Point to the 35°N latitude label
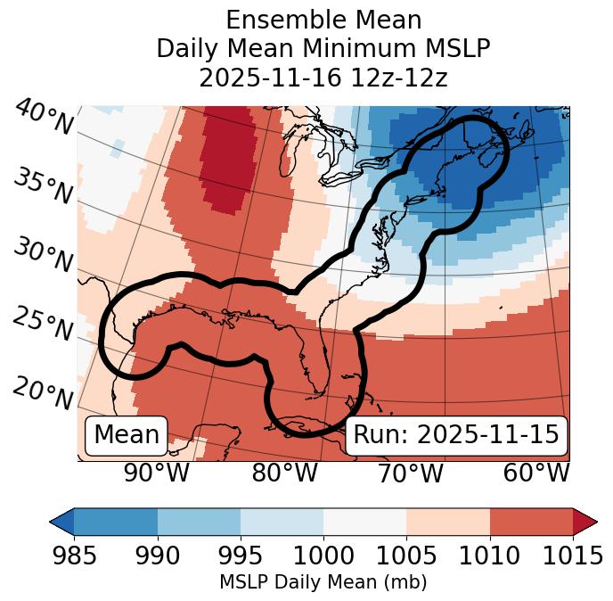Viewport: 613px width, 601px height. pyautogui.click(x=42, y=186)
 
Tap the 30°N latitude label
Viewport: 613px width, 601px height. pyautogui.click(x=42, y=256)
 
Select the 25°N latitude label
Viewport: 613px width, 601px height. pyautogui.click(x=42, y=325)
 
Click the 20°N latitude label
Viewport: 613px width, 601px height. pyautogui.click(x=44, y=391)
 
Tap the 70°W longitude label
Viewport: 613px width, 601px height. pyautogui.click(x=409, y=473)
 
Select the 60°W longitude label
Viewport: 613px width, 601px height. pyautogui.click(x=535, y=473)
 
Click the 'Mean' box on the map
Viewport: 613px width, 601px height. pyautogui.click(x=127, y=435)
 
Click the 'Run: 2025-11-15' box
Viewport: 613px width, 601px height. pyautogui.click(x=456, y=435)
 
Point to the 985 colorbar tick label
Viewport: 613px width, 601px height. pyautogui.click(x=74, y=556)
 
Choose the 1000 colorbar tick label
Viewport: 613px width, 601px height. pyautogui.click(x=323, y=556)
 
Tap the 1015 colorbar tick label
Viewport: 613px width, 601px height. pyautogui.click(x=572, y=556)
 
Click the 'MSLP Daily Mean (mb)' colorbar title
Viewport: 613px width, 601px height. pyautogui.click(x=323, y=583)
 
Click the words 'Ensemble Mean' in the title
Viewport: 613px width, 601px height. pyautogui.click(x=323, y=20)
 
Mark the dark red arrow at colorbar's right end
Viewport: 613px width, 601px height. pyautogui.click(x=584, y=522)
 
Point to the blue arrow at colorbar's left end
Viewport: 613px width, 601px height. pyautogui.click(x=61, y=522)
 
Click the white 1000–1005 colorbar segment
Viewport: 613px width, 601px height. pyautogui.click(x=364, y=522)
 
